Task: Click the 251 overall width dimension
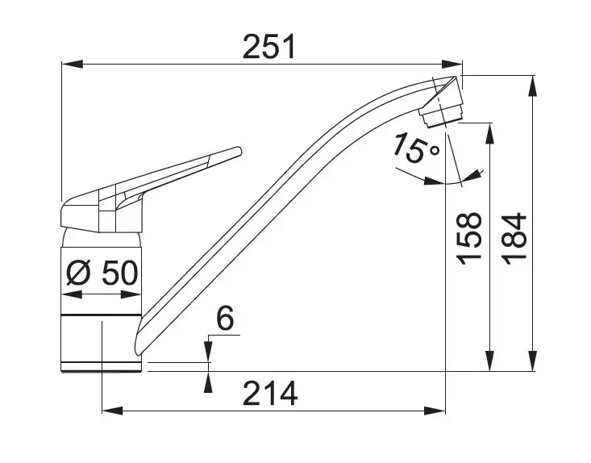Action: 269,47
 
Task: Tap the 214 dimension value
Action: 270,394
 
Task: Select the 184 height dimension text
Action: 514,239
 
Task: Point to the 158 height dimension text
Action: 469,239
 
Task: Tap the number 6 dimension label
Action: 226,318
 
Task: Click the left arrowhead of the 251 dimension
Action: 72,64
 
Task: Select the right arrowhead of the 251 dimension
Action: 452,64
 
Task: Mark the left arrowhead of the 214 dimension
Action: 112,411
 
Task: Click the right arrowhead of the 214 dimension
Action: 435,411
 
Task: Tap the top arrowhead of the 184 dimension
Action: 533,86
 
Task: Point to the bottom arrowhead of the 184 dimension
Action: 533,361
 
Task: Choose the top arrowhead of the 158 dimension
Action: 489,133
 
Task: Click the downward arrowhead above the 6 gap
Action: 208,352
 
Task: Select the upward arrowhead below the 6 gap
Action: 208,382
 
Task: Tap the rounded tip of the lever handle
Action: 238,151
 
